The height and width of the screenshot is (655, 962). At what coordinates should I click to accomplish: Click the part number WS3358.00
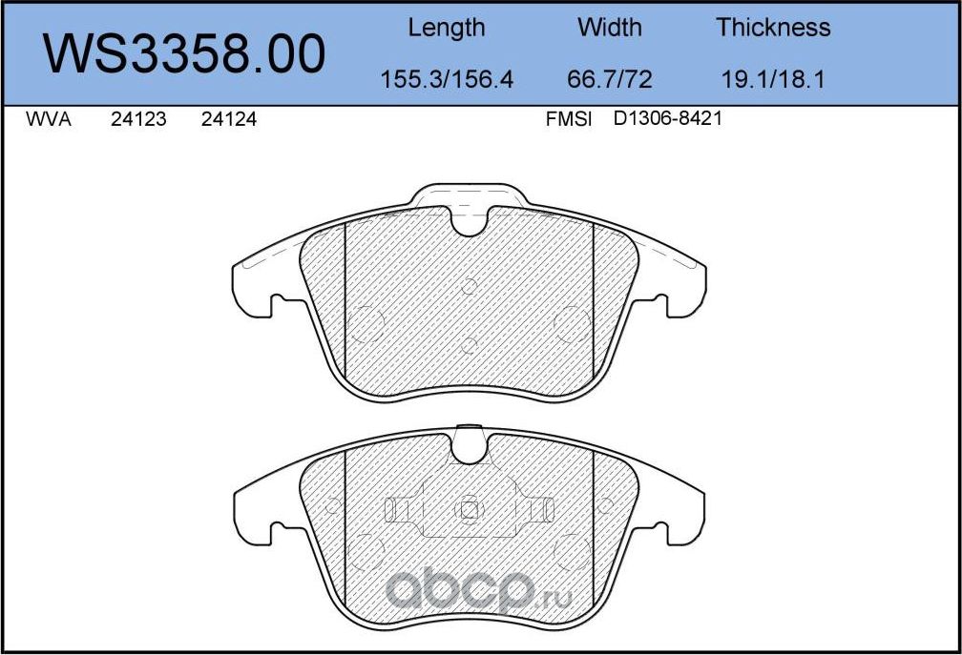coord(185,54)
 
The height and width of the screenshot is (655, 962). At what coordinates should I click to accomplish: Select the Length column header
coord(446,28)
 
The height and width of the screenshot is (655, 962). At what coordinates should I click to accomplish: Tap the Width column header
coord(609,28)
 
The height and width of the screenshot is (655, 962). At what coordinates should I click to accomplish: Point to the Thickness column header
coord(773,28)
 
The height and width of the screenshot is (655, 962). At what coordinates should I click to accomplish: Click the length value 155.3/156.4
coord(446,79)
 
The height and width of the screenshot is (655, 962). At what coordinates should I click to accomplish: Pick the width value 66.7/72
coord(609,79)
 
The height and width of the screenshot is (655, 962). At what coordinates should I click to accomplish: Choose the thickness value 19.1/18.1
coord(773,79)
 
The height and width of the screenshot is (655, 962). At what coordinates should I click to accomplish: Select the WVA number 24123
coord(138,121)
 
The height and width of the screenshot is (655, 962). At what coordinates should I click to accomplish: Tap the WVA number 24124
coord(229,121)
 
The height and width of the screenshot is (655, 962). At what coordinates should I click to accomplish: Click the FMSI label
coord(569,121)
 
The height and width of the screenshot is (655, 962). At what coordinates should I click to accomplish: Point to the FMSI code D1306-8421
coord(666,121)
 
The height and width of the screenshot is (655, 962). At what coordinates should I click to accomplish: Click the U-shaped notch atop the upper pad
coord(469,222)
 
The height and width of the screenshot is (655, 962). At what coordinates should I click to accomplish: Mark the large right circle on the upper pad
coord(574,322)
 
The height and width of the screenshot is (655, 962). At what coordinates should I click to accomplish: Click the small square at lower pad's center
coord(469,510)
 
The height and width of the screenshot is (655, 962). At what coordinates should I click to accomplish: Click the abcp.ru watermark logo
coord(477,592)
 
